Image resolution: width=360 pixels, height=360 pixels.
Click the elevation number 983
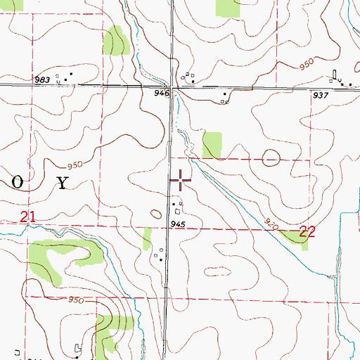coord(43,80)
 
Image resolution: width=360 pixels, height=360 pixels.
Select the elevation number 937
coord(322,96)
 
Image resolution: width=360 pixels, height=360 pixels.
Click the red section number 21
coord(27,219)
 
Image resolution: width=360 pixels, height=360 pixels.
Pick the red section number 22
coord(307,231)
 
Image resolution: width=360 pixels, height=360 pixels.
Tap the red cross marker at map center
coord(181,181)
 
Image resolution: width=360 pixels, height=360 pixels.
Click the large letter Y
coord(63,184)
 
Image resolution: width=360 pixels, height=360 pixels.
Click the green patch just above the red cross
coord(212,144)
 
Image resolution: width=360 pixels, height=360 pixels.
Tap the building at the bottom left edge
coord(78,348)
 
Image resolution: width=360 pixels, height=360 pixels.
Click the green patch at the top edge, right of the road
coord(226,8)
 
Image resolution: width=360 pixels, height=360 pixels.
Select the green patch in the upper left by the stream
coord(115,40)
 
